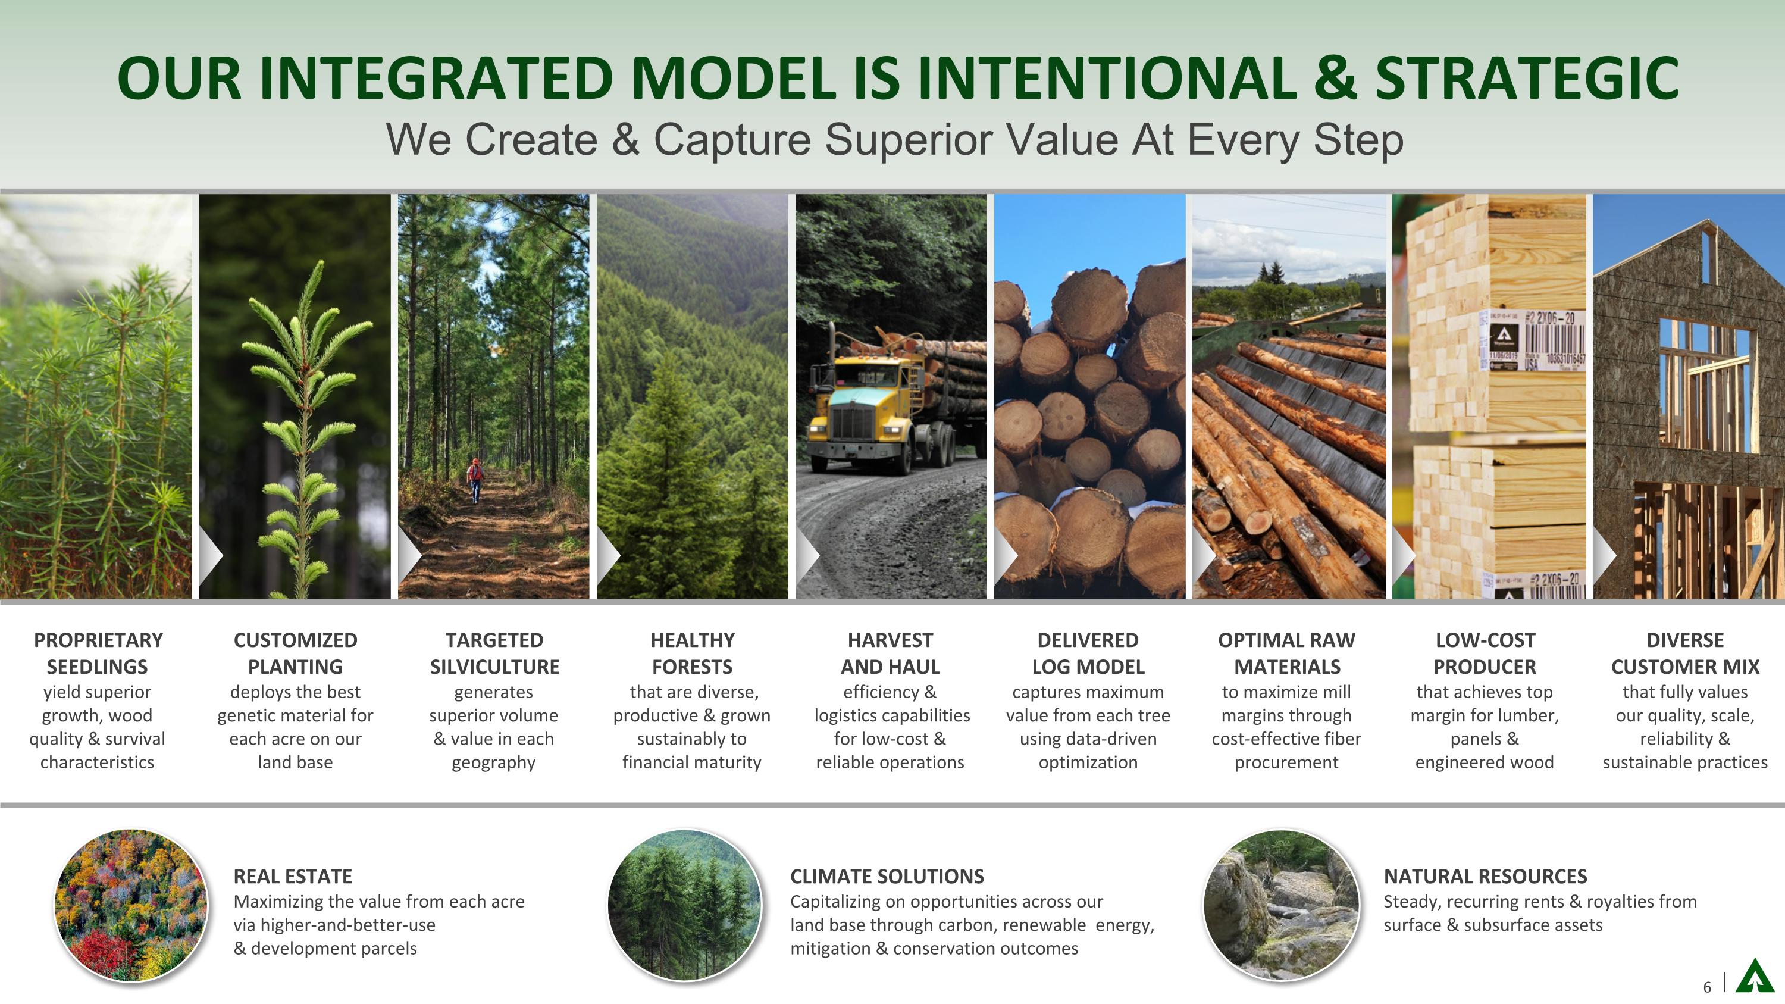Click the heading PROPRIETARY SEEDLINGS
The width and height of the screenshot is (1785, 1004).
pyautogui.click(x=98, y=653)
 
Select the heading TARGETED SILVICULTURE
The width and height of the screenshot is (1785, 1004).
pyautogui.click(x=494, y=653)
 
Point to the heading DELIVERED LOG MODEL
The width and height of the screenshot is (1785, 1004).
pyautogui.click(x=1088, y=653)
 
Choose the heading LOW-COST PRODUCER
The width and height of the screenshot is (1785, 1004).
pyautogui.click(x=1485, y=653)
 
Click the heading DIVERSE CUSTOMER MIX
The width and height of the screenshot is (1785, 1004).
pyautogui.click(x=1684, y=653)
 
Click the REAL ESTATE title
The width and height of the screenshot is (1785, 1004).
pyautogui.click(x=292, y=877)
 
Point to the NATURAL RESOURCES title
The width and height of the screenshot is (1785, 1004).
pyautogui.click(x=1485, y=877)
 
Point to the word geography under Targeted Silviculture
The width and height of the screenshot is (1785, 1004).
pyautogui.click(x=493, y=762)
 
